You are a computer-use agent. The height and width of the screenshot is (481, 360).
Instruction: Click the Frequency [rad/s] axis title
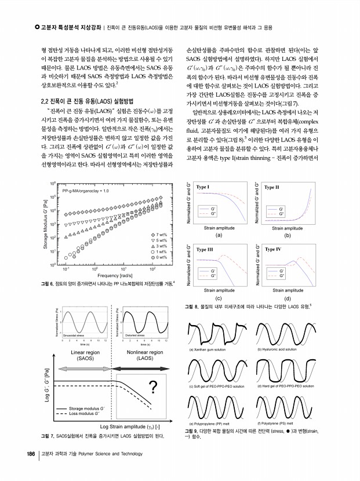point(108,275)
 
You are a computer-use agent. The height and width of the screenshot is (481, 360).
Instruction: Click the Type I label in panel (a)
point(203,187)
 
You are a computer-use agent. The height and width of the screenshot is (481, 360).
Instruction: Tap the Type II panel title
point(272,187)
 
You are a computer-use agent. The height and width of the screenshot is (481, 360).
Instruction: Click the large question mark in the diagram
point(154,387)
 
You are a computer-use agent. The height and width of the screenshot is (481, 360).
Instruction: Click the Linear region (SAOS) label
point(85,355)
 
